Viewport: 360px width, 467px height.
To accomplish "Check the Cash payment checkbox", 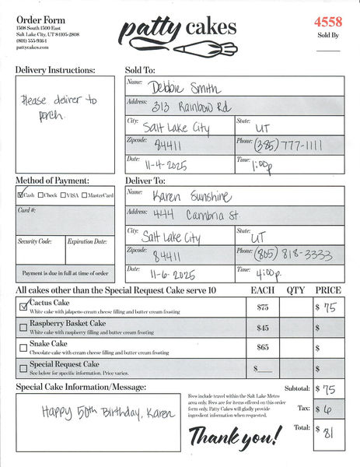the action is click(21, 195).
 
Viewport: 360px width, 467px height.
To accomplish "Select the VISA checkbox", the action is click(64, 195).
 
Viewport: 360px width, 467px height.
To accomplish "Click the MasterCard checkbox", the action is click(85, 195).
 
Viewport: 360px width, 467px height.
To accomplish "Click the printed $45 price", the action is click(263, 328).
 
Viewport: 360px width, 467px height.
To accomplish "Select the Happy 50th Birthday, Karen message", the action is click(92, 412).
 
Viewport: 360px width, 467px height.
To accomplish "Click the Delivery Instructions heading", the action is click(55, 70).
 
